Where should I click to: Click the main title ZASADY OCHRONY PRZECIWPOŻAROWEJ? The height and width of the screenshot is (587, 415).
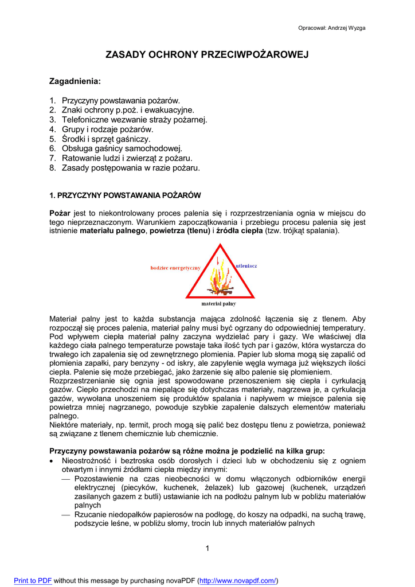tap(207, 54)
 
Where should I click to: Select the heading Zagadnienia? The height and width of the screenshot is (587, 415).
tap(75, 81)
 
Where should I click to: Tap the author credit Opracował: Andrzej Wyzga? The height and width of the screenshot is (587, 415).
tap(332, 28)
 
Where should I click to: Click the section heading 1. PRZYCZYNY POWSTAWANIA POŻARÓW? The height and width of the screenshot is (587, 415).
tap(125, 195)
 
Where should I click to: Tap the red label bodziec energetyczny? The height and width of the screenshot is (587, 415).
tap(175, 268)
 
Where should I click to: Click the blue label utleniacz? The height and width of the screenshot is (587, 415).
tap(246, 266)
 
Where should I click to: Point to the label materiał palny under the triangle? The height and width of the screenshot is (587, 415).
tap(218, 303)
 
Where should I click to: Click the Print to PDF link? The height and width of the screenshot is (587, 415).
tap(33, 581)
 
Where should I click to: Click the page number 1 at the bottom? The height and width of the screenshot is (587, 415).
tap(207, 549)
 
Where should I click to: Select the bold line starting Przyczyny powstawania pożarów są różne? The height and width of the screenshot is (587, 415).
tap(187, 451)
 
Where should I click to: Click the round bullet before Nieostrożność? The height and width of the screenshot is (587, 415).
tap(53, 461)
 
